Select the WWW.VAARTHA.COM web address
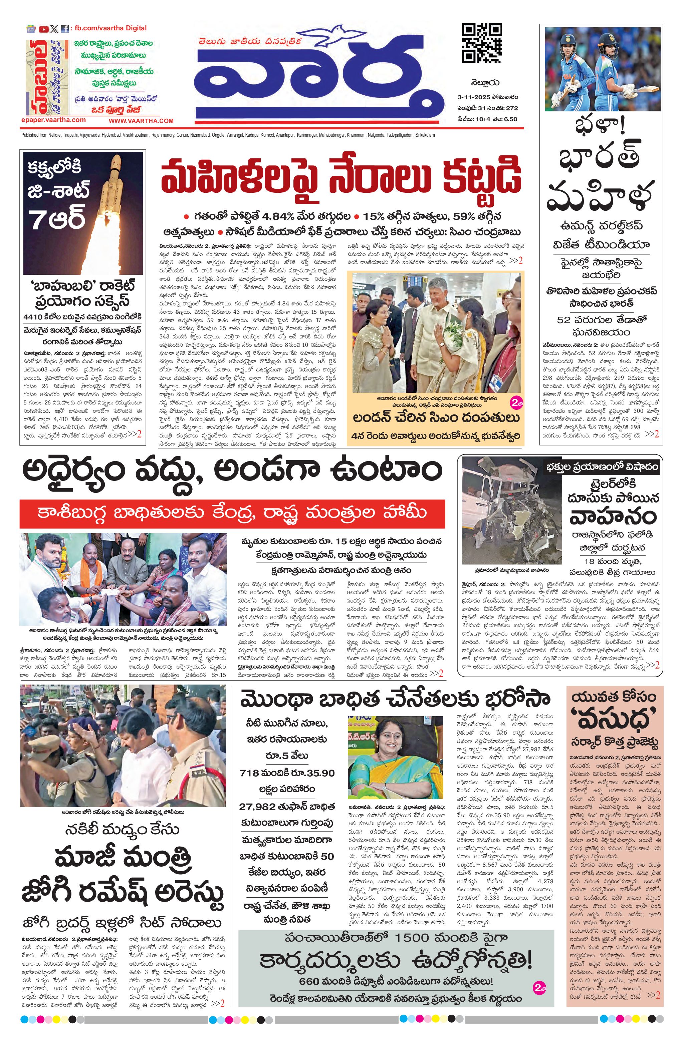(x=141, y=121)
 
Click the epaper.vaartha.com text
(x=53, y=119)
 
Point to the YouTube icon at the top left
(x=43, y=29)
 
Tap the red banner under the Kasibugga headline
(x=232, y=513)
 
